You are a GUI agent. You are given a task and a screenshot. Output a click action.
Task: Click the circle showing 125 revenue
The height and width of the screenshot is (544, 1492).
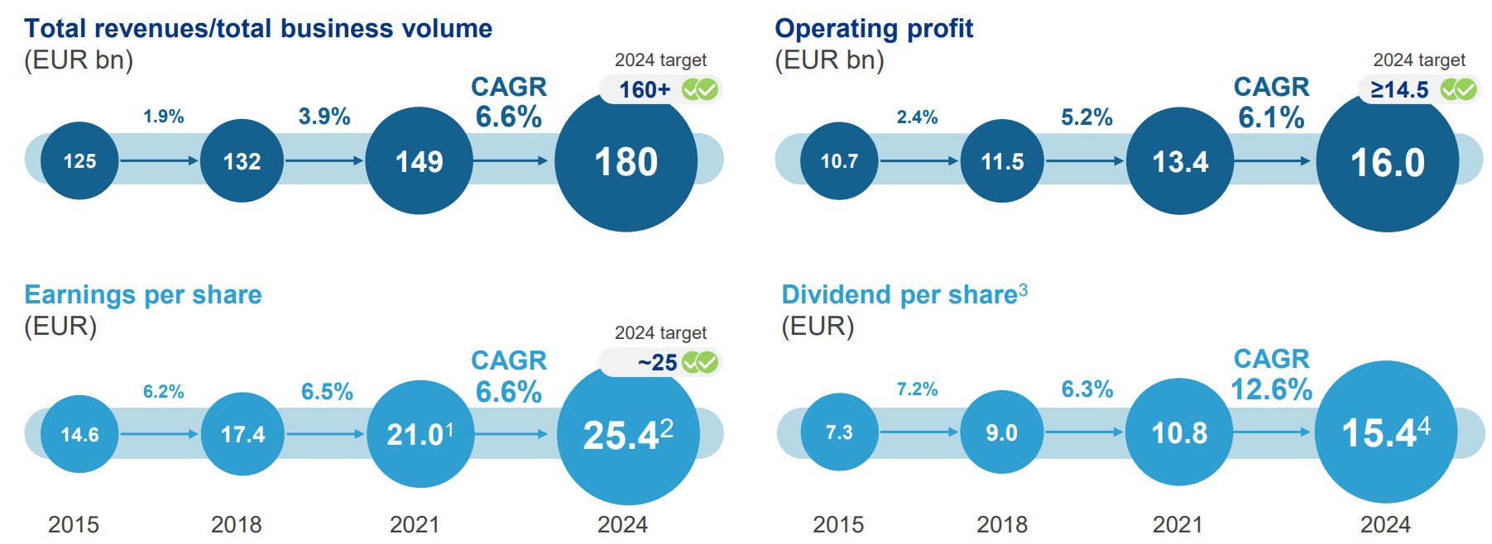click(x=79, y=161)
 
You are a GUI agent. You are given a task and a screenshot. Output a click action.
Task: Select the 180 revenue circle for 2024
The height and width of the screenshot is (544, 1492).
click(x=626, y=162)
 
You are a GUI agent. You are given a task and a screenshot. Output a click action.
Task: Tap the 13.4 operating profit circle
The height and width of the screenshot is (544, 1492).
click(x=1179, y=161)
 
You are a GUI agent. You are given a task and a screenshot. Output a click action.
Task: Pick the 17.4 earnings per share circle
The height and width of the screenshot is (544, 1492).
click(x=242, y=434)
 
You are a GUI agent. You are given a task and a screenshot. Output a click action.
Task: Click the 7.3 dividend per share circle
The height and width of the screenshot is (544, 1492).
click(x=838, y=432)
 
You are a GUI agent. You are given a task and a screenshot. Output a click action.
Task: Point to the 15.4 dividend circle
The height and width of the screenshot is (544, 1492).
click(x=1385, y=432)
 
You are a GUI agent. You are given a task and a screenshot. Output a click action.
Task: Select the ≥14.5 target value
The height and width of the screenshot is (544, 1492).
click(x=1399, y=89)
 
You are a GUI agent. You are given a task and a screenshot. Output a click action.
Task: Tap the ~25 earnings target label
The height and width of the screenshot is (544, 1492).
click(x=657, y=362)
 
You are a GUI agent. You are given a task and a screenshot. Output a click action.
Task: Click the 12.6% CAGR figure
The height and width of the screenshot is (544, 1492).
click(x=1271, y=389)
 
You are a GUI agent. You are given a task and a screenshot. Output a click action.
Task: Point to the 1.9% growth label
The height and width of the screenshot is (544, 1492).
click(x=163, y=117)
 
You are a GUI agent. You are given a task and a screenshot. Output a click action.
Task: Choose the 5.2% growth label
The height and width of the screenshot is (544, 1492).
click(x=1087, y=117)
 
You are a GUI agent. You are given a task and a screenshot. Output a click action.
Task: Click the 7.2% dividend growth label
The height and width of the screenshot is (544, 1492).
click(x=917, y=389)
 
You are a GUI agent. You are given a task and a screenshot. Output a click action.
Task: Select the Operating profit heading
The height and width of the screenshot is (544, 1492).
click(x=873, y=29)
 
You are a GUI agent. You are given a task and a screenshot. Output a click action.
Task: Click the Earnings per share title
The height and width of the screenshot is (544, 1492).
click(x=143, y=295)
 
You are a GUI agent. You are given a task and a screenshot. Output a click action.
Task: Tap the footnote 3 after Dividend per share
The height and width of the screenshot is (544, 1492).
click(x=1024, y=289)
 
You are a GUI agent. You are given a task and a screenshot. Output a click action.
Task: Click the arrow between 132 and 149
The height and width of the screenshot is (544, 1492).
click(x=324, y=160)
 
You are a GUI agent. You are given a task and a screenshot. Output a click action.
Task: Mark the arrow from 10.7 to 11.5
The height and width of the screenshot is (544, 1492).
click(x=919, y=160)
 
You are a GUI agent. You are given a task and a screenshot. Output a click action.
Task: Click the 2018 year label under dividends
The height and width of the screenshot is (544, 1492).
click(x=1001, y=524)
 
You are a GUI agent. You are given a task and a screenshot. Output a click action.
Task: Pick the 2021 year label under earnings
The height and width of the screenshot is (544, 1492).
click(x=414, y=524)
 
